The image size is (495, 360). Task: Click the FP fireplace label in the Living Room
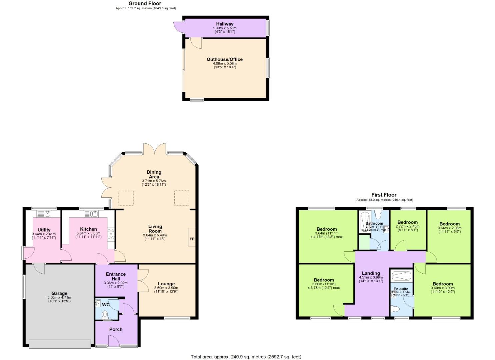pyautogui.click(x=192, y=239)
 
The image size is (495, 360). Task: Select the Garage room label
pyautogui.click(x=59, y=294)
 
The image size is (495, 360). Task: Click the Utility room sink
pyautogui.click(x=46, y=214)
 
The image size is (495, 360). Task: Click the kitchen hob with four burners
pyautogui.click(x=111, y=234)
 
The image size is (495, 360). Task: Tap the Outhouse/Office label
pyautogui.click(x=225, y=59)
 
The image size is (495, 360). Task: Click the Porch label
pyautogui.click(x=116, y=329)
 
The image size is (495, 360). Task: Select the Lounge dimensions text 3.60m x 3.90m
pyautogui.click(x=166, y=288)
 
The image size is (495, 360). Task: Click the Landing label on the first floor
pyautogui.click(x=371, y=273)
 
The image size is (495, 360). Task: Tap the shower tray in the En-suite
pyautogui.click(x=401, y=276)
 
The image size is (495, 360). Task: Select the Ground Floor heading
pyautogui.click(x=145, y=3)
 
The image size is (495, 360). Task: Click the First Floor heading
pyautogui.click(x=384, y=195)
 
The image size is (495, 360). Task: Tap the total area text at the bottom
pyautogui.click(x=246, y=357)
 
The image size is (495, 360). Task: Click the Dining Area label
pyautogui.click(x=154, y=174)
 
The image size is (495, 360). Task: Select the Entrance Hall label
pyautogui.click(x=116, y=276)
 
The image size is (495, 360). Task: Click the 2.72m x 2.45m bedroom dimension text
pyautogui.click(x=407, y=226)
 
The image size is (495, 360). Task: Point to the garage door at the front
pyautogui.click(x=60, y=344)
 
